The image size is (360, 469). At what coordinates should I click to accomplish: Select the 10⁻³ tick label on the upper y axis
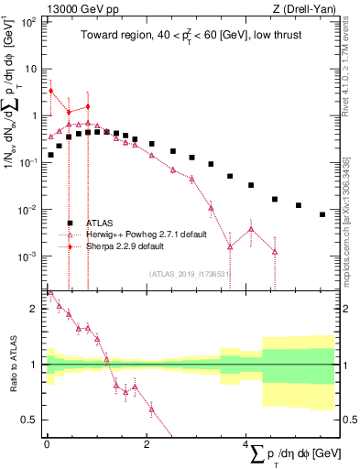click(29, 256)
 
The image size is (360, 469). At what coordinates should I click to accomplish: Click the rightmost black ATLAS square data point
click(322, 214)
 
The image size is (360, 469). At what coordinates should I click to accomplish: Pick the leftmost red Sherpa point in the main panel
click(51, 91)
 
